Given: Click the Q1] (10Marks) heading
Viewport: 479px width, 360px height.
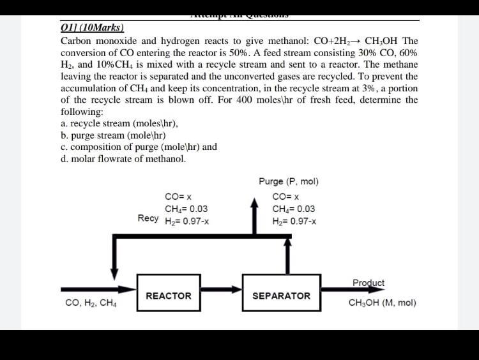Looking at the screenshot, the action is (x=93, y=28).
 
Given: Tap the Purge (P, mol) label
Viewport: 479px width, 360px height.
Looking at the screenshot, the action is (x=289, y=181).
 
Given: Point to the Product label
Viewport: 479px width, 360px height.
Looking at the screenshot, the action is (x=369, y=283).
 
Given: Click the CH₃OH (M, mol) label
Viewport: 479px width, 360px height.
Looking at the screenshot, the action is (x=382, y=303).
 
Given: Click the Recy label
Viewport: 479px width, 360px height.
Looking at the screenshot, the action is (x=148, y=218).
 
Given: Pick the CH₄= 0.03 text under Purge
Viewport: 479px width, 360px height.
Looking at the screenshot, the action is (x=293, y=209).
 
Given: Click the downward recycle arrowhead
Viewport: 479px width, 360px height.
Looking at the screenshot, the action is (x=115, y=273).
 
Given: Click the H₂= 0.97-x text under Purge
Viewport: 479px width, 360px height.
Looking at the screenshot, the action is (x=294, y=221).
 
